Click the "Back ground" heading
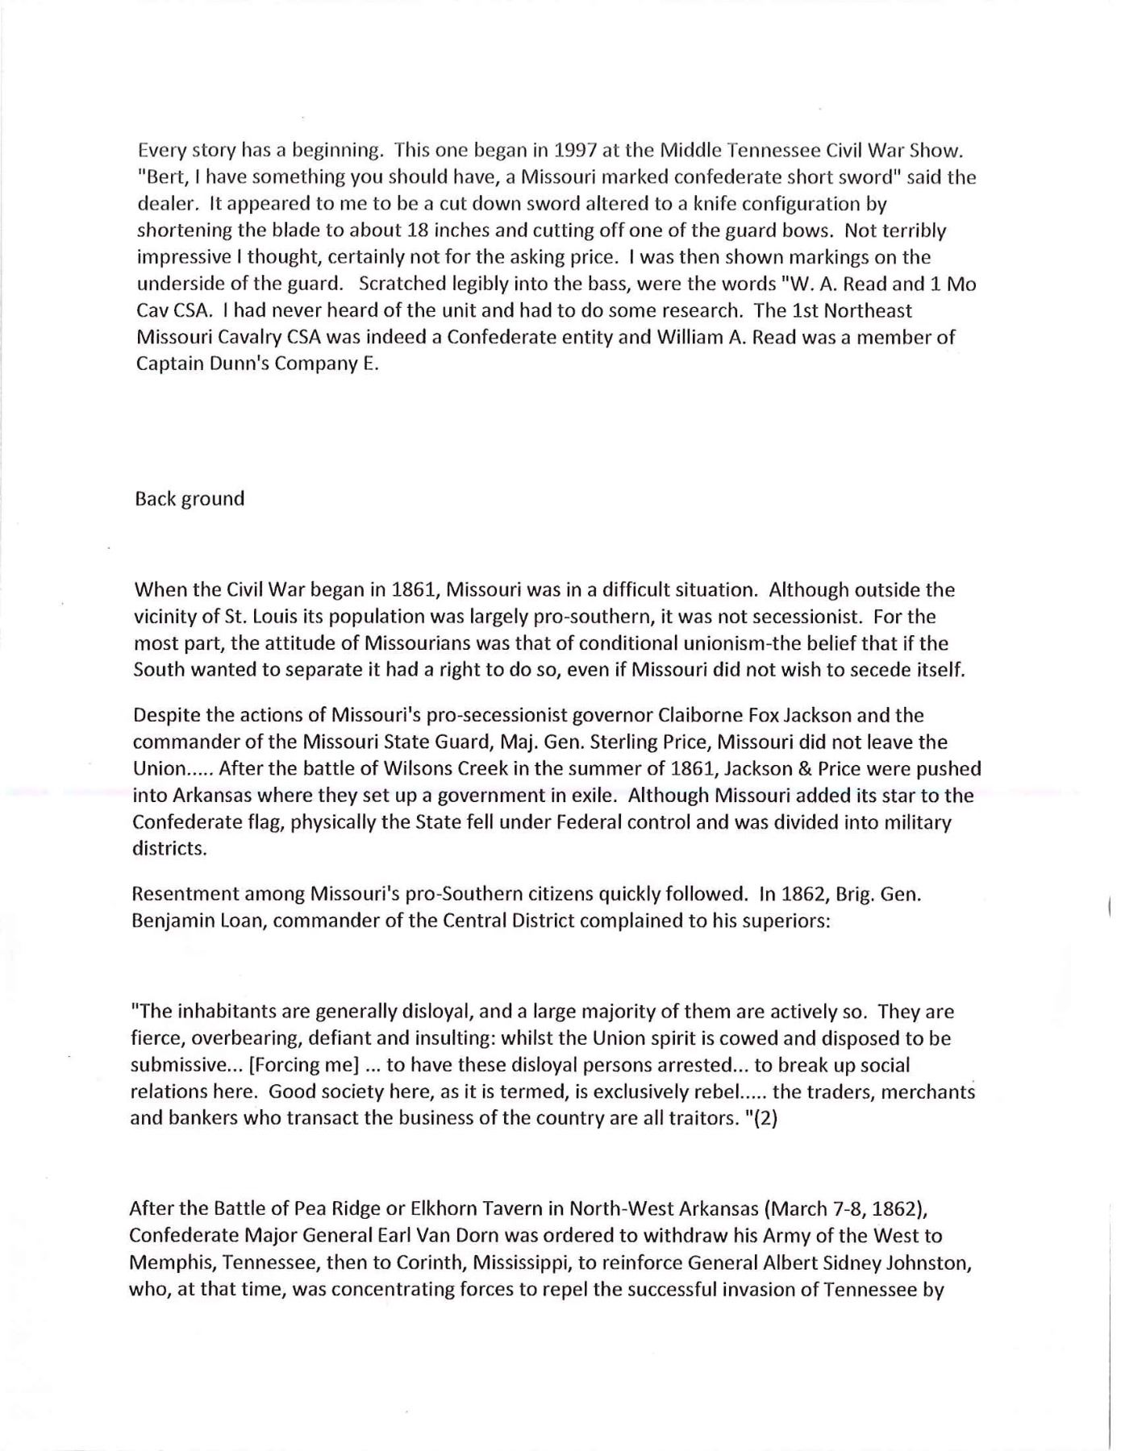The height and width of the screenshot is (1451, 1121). [190, 499]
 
